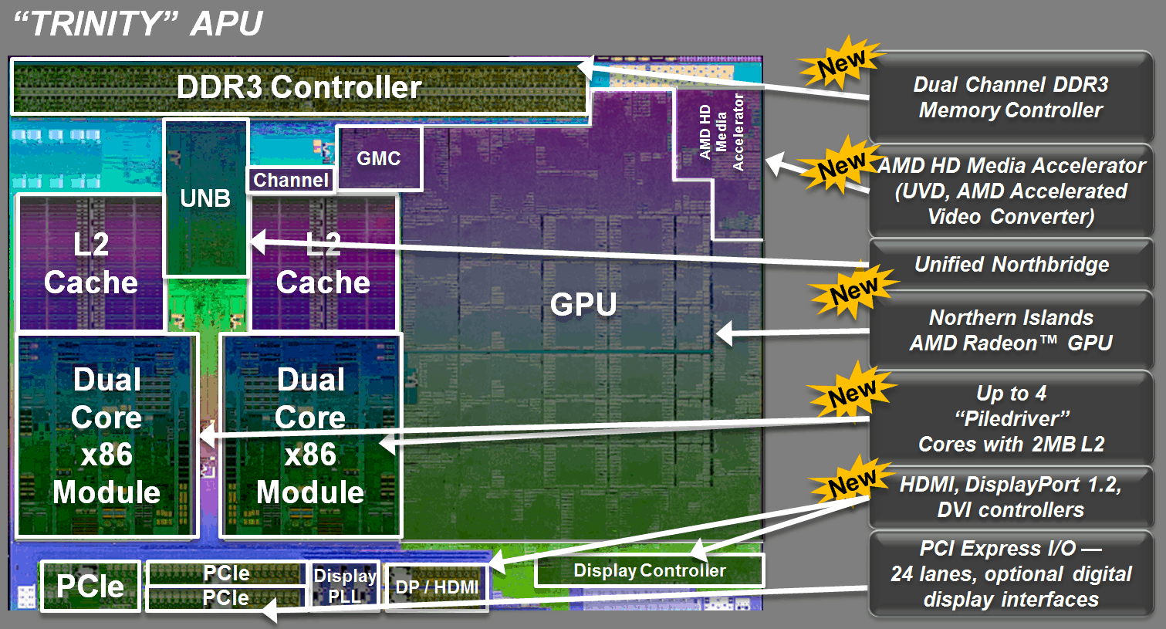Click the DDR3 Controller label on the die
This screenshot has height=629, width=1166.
[299, 87]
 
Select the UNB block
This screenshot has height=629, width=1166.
[205, 198]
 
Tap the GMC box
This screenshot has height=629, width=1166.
[379, 158]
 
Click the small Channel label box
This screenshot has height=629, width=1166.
[291, 180]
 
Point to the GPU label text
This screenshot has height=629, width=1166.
[583, 305]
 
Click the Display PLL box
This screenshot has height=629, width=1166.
[344, 586]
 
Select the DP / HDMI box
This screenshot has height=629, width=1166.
[437, 587]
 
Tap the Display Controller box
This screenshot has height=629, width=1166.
[649, 570]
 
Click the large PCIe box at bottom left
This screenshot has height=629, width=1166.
[90, 587]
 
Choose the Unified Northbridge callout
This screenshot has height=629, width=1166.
[1011, 265]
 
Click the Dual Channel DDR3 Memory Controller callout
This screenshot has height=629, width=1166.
[1011, 97]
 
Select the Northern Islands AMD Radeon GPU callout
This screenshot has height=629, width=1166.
[1011, 330]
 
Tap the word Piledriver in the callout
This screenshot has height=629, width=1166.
[1012, 419]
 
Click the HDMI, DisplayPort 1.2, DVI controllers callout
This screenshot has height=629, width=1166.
[1011, 497]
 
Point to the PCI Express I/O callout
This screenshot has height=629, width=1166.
[1011, 573]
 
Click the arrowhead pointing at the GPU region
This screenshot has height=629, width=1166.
[724, 334]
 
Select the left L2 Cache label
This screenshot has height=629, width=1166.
[91, 263]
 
